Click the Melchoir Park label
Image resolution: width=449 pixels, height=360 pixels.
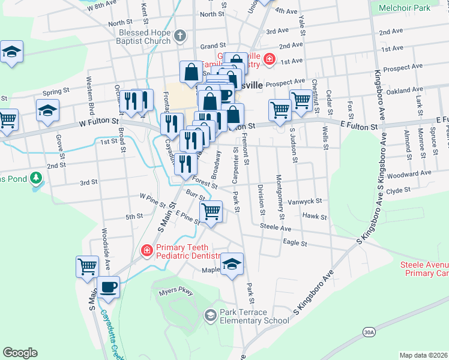click(x=405, y=8)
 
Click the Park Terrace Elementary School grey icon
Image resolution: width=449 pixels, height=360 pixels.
click(x=210, y=315)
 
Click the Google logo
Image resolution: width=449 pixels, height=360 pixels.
click(x=20, y=353)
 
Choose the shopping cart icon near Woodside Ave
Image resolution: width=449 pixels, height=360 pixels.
click(x=87, y=265)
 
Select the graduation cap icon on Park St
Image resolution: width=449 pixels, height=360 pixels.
click(x=232, y=264)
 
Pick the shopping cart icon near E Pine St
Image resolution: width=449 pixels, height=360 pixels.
click(x=211, y=211)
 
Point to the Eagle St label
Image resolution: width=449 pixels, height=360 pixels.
click(x=295, y=244)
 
